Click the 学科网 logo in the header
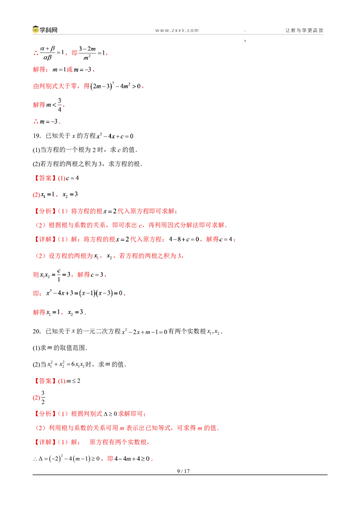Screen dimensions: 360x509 45,30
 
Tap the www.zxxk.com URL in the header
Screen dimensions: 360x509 177,31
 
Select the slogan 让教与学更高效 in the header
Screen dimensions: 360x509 305,30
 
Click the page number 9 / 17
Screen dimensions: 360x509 183,471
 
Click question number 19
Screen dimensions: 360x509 36,136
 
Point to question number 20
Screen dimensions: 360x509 37,331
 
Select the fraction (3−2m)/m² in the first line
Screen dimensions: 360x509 87,53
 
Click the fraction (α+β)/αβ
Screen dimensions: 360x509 47,53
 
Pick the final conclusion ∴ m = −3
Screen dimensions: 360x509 47,122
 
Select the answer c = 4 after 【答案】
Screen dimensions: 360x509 72,178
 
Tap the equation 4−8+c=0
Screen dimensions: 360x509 184,239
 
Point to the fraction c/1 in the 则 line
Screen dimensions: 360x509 59,275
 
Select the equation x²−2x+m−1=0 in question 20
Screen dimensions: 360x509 144,332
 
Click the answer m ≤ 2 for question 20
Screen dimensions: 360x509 73,381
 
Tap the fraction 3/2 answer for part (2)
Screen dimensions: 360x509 43,397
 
